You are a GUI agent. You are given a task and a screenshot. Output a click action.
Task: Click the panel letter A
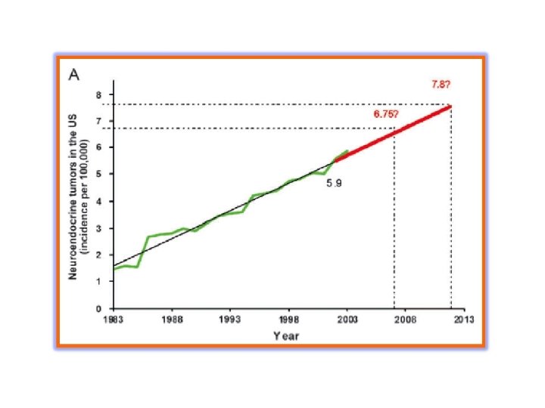point(74,74)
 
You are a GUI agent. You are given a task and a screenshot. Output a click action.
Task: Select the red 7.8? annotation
point(441,85)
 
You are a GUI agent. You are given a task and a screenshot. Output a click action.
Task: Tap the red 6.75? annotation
point(386,114)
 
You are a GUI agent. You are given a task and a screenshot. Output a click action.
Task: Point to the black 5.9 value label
point(334,183)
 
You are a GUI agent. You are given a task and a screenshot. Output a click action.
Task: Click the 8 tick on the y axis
point(99,94)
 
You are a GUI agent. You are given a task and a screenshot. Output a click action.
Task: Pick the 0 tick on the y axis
point(99,308)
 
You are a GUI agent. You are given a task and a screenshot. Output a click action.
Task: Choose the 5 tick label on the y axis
point(99,174)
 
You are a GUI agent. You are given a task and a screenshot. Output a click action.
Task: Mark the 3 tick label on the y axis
point(99,228)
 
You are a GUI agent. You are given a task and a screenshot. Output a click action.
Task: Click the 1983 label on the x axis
point(114,319)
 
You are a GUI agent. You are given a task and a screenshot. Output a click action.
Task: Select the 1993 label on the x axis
point(230,319)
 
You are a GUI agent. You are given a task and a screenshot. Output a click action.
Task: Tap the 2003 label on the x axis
point(347,319)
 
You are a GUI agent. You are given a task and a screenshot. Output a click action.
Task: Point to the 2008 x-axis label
point(405,319)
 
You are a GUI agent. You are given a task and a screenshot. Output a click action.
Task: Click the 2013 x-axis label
point(464,319)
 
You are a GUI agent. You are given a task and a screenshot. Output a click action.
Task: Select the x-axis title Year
point(286,335)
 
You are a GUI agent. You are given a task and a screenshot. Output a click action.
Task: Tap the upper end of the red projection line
point(451,107)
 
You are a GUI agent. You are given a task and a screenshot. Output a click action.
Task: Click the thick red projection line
point(393,133)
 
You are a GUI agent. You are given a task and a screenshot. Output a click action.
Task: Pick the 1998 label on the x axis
point(288,319)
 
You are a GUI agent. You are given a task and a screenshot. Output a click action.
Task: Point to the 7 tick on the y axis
point(99,121)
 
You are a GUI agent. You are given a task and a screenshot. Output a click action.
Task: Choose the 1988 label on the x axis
point(172,319)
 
